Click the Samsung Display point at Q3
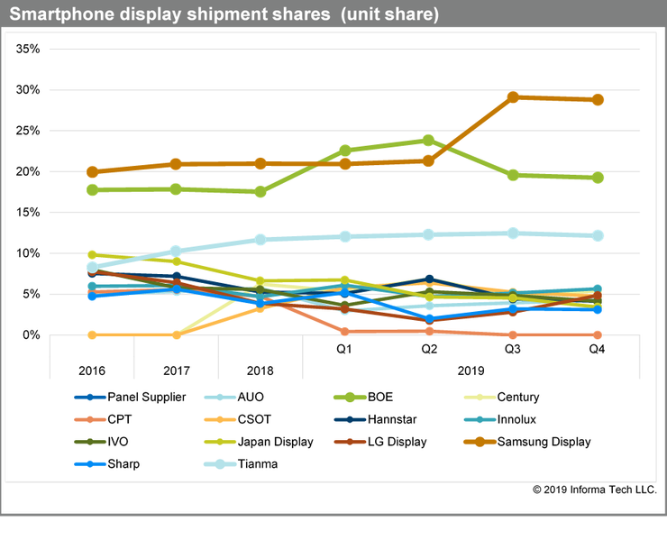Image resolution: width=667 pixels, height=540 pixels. coord(513,96)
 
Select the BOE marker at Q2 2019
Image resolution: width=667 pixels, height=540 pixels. coord(428,141)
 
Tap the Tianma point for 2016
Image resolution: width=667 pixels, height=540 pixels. coord(93,267)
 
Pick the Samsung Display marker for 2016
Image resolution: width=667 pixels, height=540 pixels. coord(93,171)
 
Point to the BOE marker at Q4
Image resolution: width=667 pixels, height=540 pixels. coord(597,178)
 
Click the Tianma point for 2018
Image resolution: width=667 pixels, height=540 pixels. coord(260,240)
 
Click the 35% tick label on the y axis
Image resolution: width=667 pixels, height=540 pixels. coord(28,49)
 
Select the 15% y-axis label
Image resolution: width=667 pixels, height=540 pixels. coord(28,213)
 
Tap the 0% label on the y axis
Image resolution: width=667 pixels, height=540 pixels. coord(32,335)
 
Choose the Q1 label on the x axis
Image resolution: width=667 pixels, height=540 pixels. coord(344,349)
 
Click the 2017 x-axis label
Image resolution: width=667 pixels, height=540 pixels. coord(177,371)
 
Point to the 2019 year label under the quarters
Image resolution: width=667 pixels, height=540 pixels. coord(471,371)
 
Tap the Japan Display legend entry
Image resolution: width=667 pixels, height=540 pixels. coord(274,442)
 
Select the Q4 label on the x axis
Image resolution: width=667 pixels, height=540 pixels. coord(597,349)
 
